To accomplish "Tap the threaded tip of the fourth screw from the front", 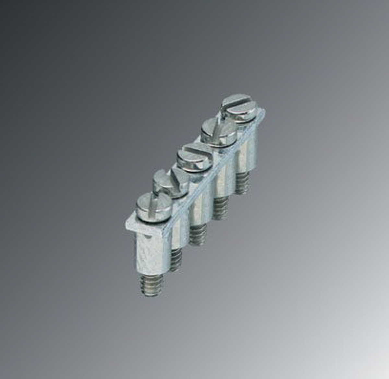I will click(221, 208).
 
